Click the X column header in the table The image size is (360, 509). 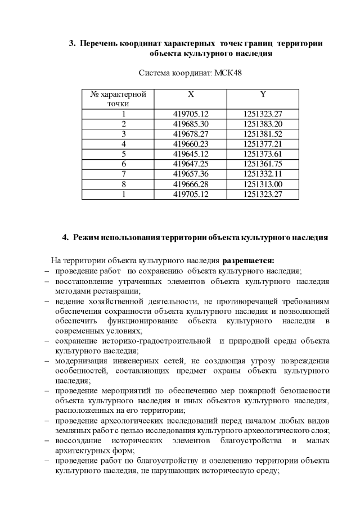point(191,94)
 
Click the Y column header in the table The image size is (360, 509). point(263,94)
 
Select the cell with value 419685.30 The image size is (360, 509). point(191,123)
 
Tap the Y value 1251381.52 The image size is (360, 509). point(263,133)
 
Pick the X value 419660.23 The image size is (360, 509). point(191,143)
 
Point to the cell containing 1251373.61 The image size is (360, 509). point(263,154)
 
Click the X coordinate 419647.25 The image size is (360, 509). point(191,164)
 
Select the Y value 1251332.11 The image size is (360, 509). point(263,174)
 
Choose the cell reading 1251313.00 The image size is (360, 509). point(263,184)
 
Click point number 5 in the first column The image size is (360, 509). point(123,154)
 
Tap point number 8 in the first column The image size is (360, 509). point(123,184)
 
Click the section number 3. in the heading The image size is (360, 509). point(72,43)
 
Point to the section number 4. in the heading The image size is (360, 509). point(65,237)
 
